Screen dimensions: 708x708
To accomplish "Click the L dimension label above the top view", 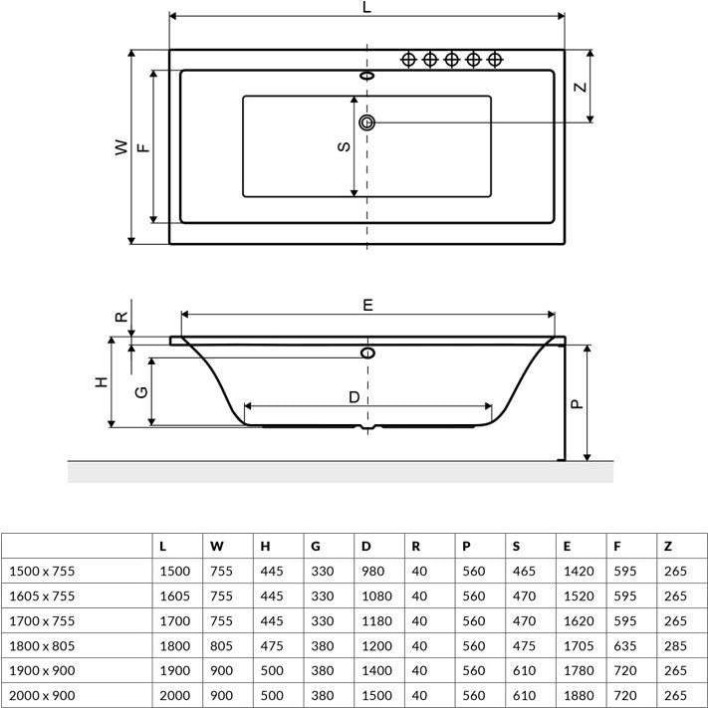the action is pyautogui.click(x=366, y=7).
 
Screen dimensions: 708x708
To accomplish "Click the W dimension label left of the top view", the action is pyautogui.click(x=121, y=147).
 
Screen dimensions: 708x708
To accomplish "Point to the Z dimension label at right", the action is pyautogui.click(x=581, y=87).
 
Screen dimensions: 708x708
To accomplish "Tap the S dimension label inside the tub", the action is pyautogui.click(x=345, y=146).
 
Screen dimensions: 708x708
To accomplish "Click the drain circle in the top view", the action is pyautogui.click(x=366, y=122).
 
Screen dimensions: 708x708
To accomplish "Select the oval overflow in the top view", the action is pyautogui.click(x=367, y=76).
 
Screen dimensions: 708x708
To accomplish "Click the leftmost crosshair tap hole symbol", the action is pyautogui.click(x=408, y=59).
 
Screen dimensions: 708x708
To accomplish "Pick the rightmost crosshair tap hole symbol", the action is pyautogui.click(x=495, y=59).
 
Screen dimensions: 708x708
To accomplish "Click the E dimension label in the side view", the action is pyautogui.click(x=368, y=306).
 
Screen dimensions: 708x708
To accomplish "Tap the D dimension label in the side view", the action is pyautogui.click(x=354, y=397).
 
